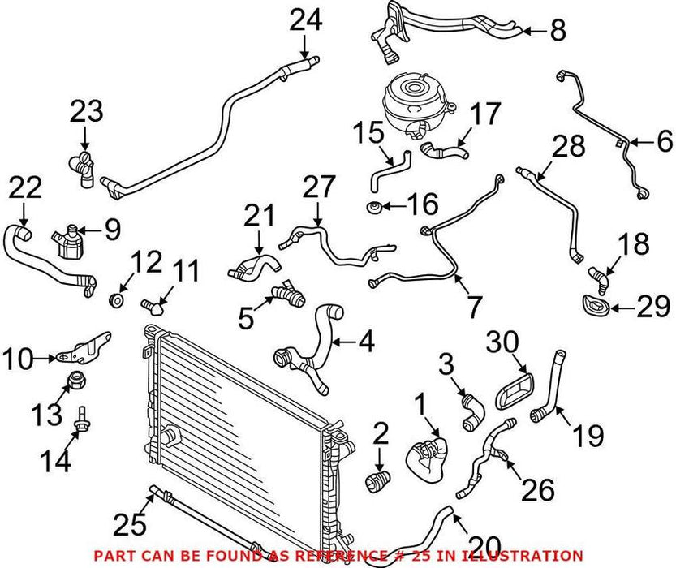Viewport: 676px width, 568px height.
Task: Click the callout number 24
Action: (x=307, y=21)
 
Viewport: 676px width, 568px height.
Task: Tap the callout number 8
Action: (x=556, y=32)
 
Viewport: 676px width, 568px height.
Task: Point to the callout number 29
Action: (x=653, y=308)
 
